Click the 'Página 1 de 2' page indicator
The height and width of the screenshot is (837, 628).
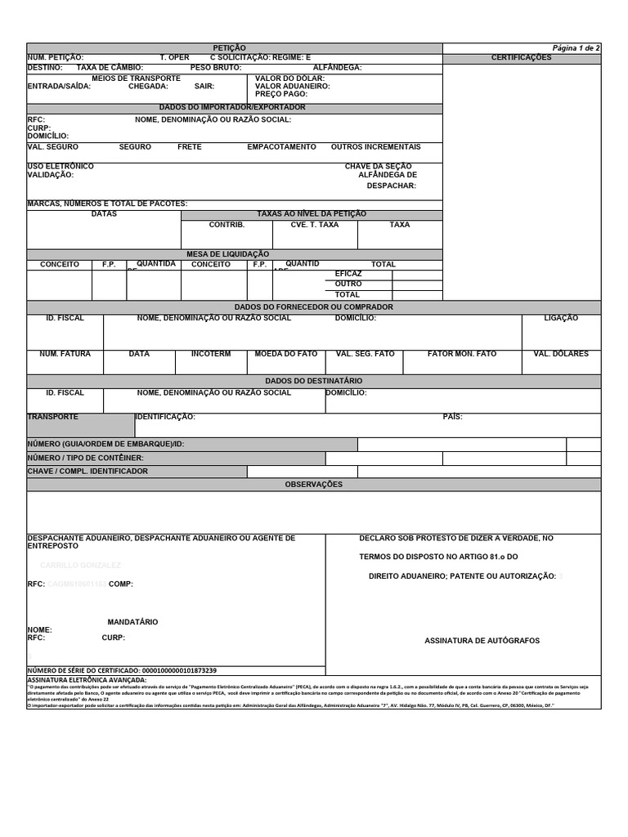pyautogui.click(x=576, y=48)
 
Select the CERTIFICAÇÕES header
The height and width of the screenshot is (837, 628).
pyautogui.click(x=521, y=58)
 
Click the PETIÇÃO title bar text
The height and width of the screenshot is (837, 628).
pyautogui.click(x=229, y=48)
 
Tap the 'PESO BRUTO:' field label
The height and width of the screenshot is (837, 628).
pyautogui.click(x=215, y=68)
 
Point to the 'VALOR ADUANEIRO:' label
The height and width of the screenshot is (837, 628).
pyautogui.click(x=292, y=86)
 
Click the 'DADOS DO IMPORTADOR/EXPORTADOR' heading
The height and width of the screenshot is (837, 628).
pyautogui.click(x=232, y=108)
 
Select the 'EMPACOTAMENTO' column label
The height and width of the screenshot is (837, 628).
pyautogui.click(x=281, y=147)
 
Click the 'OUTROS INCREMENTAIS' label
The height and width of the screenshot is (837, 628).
pyautogui.click(x=375, y=147)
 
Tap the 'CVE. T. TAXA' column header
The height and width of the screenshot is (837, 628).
pyautogui.click(x=314, y=225)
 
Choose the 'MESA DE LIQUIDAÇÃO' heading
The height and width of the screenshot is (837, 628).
pyautogui.click(x=227, y=254)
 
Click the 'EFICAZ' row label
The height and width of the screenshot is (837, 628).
pyautogui.click(x=348, y=274)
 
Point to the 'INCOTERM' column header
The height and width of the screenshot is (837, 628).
pyautogui.click(x=211, y=355)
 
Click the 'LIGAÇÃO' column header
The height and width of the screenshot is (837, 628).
pyautogui.click(x=560, y=319)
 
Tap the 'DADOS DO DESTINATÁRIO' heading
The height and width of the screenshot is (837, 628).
pyautogui.click(x=313, y=382)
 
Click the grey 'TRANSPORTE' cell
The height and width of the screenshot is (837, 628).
pyautogui.click(x=80, y=425)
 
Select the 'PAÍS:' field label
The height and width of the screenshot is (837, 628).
pyautogui.click(x=452, y=417)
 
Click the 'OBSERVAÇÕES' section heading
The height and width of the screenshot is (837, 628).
pyautogui.click(x=313, y=485)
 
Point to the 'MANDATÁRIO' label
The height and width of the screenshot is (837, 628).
pyautogui.click(x=132, y=623)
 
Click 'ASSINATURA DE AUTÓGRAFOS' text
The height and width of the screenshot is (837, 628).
pyautogui.click(x=482, y=641)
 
